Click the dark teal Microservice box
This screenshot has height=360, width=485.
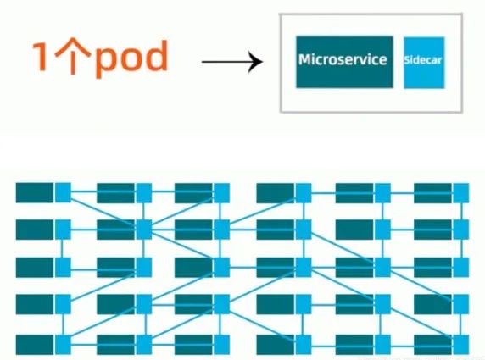coord(344,62)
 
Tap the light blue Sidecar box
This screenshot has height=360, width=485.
coord(424,63)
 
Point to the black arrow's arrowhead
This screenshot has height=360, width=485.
coord(256,62)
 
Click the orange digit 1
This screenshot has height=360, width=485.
coord(40,57)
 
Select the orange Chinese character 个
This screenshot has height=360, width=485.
coord(73,56)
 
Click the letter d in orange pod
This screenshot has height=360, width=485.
coord(154,56)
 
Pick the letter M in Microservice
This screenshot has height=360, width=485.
coord(305,59)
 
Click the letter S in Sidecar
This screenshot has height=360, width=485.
coord(407,59)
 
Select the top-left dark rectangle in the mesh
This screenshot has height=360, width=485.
coord(35,193)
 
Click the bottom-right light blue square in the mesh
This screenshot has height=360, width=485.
coord(461,345)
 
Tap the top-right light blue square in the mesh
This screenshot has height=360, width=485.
coord(461,193)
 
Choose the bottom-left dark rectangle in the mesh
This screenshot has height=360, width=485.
coord(35,345)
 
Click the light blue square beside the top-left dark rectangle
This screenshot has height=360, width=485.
coord(63,193)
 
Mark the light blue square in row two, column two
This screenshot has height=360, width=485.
coord(144,230)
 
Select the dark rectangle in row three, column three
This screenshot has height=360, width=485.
coord(193,268)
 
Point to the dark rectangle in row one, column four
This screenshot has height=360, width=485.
coord(276,193)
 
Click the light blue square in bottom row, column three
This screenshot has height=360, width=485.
coord(222,345)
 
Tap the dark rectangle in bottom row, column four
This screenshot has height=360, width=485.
coord(276,345)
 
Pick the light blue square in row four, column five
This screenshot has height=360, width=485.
coord(383,304)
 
